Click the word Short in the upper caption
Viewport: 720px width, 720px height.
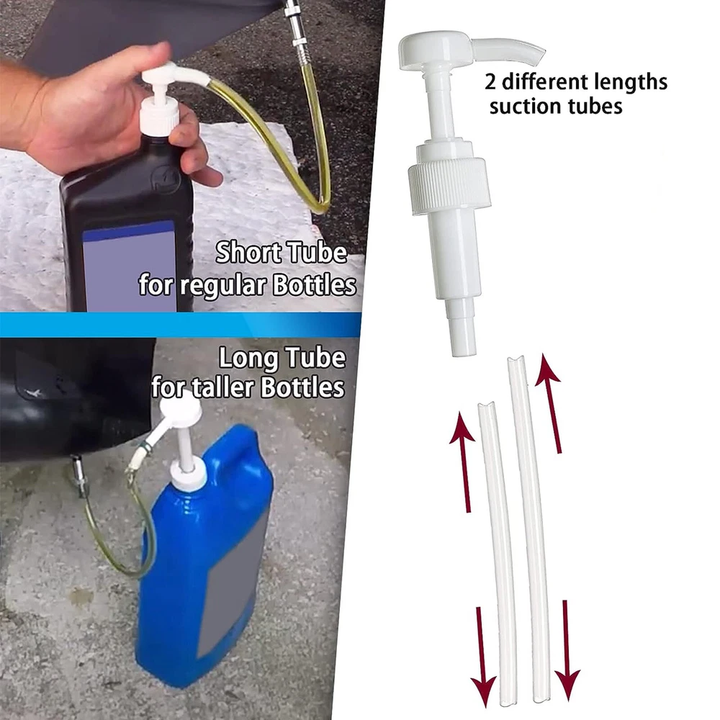[x=248, y=253]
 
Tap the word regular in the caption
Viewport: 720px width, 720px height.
[x=222, y=286]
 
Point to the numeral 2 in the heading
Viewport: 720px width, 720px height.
[x=490, y=83]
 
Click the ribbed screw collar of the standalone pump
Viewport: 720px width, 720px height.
[x=449, y=185]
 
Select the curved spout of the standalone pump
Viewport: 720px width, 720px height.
[x=508, y=51]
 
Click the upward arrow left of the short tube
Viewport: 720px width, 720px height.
[x=464, y=462]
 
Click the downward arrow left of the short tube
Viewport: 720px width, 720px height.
[x=482, y=657]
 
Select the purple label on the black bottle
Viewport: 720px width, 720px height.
[x=130, y=266]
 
